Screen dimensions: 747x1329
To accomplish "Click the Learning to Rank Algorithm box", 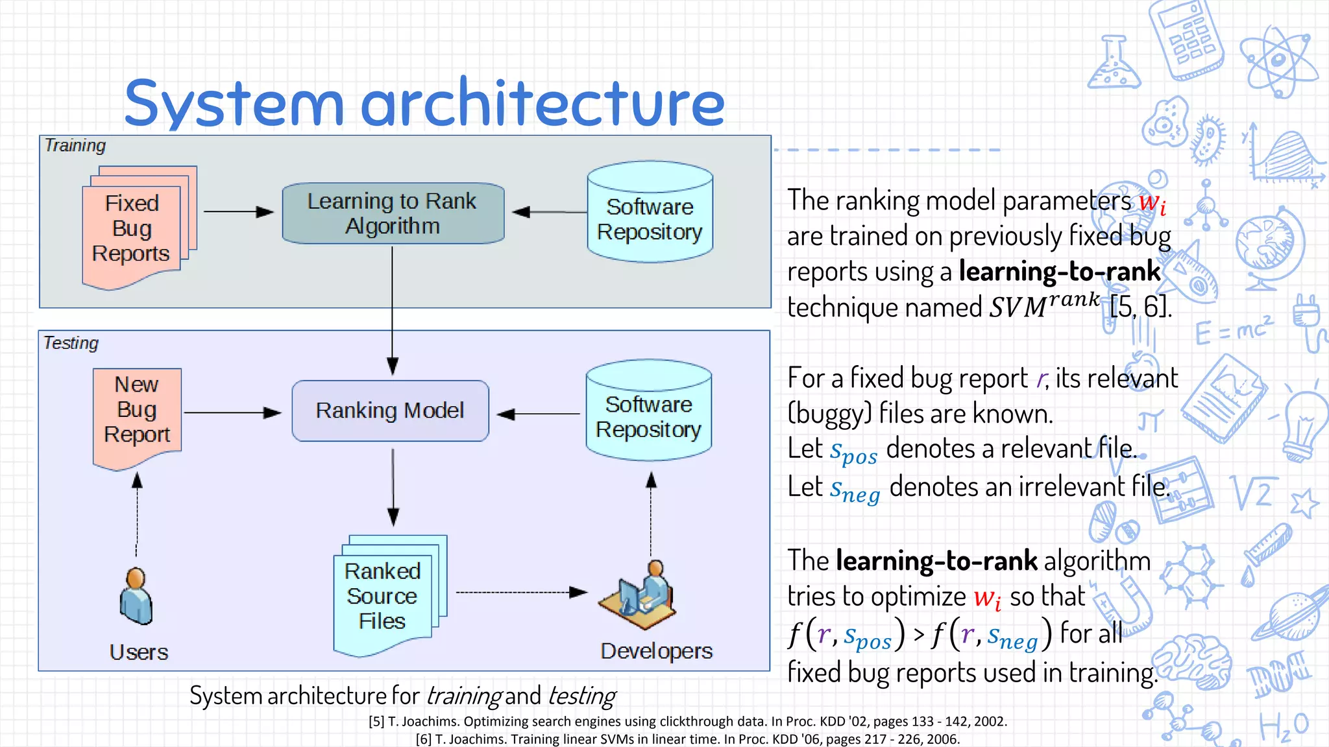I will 393,213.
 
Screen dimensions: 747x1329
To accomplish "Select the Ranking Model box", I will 390,411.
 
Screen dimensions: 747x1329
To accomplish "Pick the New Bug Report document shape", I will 137,415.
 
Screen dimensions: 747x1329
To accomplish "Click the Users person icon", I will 136,596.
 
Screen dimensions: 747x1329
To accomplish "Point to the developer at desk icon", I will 639,596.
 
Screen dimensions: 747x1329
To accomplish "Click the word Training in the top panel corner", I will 75,145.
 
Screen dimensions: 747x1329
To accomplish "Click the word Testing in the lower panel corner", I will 71,343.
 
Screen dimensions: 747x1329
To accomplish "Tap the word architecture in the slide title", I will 543,104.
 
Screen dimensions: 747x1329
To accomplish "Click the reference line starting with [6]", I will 687,739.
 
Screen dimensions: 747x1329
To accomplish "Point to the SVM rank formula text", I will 1043,305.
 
